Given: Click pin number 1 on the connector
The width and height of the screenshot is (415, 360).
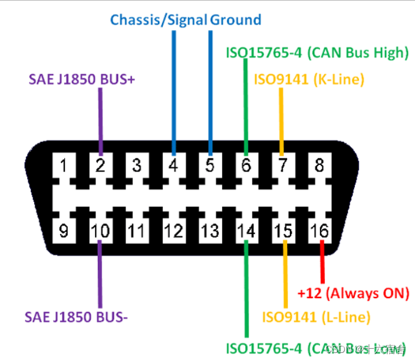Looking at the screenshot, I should click(x=64, y=166).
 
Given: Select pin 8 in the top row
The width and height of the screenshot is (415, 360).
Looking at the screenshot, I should click(x=319, y=166).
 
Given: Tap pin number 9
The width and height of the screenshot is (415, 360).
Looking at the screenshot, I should click(x=64, y=230).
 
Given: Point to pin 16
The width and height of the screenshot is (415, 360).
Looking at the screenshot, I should click(x=321, y=230).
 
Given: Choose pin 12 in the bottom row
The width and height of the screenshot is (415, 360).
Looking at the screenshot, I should click(x=173, y=230).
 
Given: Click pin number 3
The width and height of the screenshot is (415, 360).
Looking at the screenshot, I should click(x=136, y=166).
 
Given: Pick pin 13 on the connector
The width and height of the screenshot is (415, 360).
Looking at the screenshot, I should click(x=210, y=230).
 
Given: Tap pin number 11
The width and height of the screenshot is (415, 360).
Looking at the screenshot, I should click(x=136, y=230).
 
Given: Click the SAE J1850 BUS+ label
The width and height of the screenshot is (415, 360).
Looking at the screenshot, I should click(x=83, y=79).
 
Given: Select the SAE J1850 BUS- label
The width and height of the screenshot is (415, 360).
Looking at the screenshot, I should click(x=76, y=317).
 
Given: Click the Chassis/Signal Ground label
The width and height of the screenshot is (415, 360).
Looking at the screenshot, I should click(x=186, y=20).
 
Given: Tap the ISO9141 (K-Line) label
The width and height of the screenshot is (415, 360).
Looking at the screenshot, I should click(x=309, y=79).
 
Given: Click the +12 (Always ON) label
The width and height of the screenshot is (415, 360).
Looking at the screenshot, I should click(x=353, y=293).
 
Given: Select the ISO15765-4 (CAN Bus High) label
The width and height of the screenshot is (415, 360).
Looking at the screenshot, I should click(x=317, y=52).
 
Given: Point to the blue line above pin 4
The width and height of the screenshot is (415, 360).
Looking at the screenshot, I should click(x=173, y=88).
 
